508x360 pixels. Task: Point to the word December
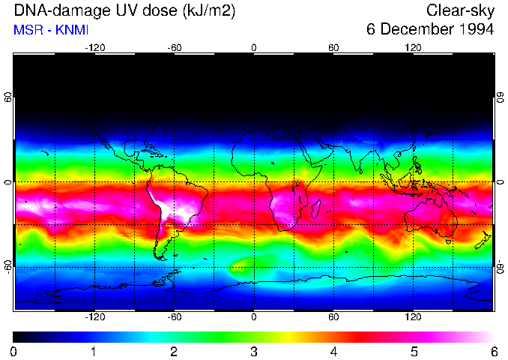click(x=414, y=30)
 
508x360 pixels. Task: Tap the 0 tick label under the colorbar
click(x=14, y=351)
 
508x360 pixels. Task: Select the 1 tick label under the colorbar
click(x=94, y=351)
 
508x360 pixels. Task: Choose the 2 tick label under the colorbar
click(x=174, y=351)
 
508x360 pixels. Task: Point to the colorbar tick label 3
click(x=254, y=351)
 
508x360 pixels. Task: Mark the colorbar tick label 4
click(x=334, y=351)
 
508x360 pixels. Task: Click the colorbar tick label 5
click(x=414, y=351)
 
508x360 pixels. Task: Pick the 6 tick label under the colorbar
click(x=493, y=351)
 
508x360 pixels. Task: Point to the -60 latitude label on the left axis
click(x=8, y=266)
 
